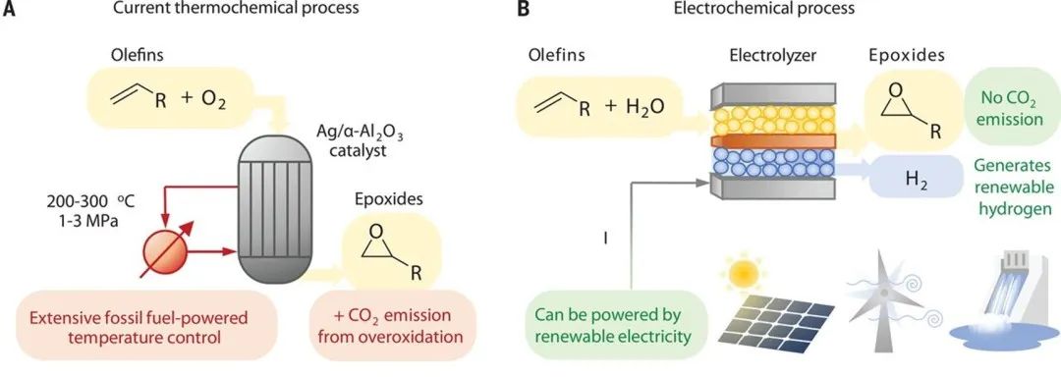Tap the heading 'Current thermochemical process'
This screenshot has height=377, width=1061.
[236, 9]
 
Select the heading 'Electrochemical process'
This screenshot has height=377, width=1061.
[768, 9]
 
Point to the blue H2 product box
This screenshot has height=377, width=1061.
[916, 177]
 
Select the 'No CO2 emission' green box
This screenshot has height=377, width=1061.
[1012, 108]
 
